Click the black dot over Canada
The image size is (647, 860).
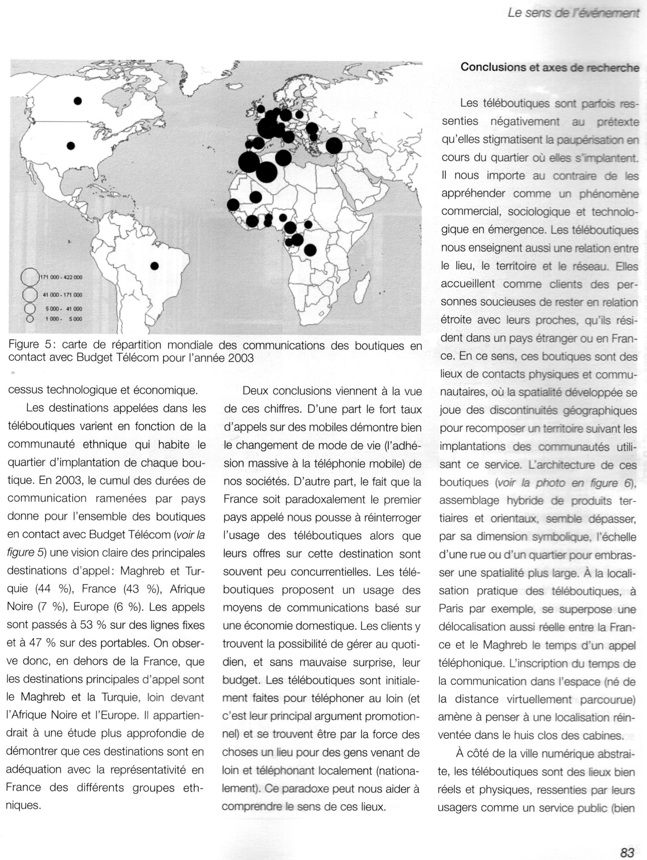point(78,101)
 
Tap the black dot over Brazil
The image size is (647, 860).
point(155,266)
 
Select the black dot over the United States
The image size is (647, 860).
point(71,146)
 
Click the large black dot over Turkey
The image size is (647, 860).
point(334,146)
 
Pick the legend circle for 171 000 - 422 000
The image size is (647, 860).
point(30,277)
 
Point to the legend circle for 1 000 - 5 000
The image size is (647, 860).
point(29,319)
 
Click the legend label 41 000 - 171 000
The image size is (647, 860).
point(62,295)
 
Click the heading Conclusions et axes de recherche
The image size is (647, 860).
point(550,67)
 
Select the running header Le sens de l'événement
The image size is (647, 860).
point(573,13)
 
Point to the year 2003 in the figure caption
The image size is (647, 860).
point(241,358)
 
